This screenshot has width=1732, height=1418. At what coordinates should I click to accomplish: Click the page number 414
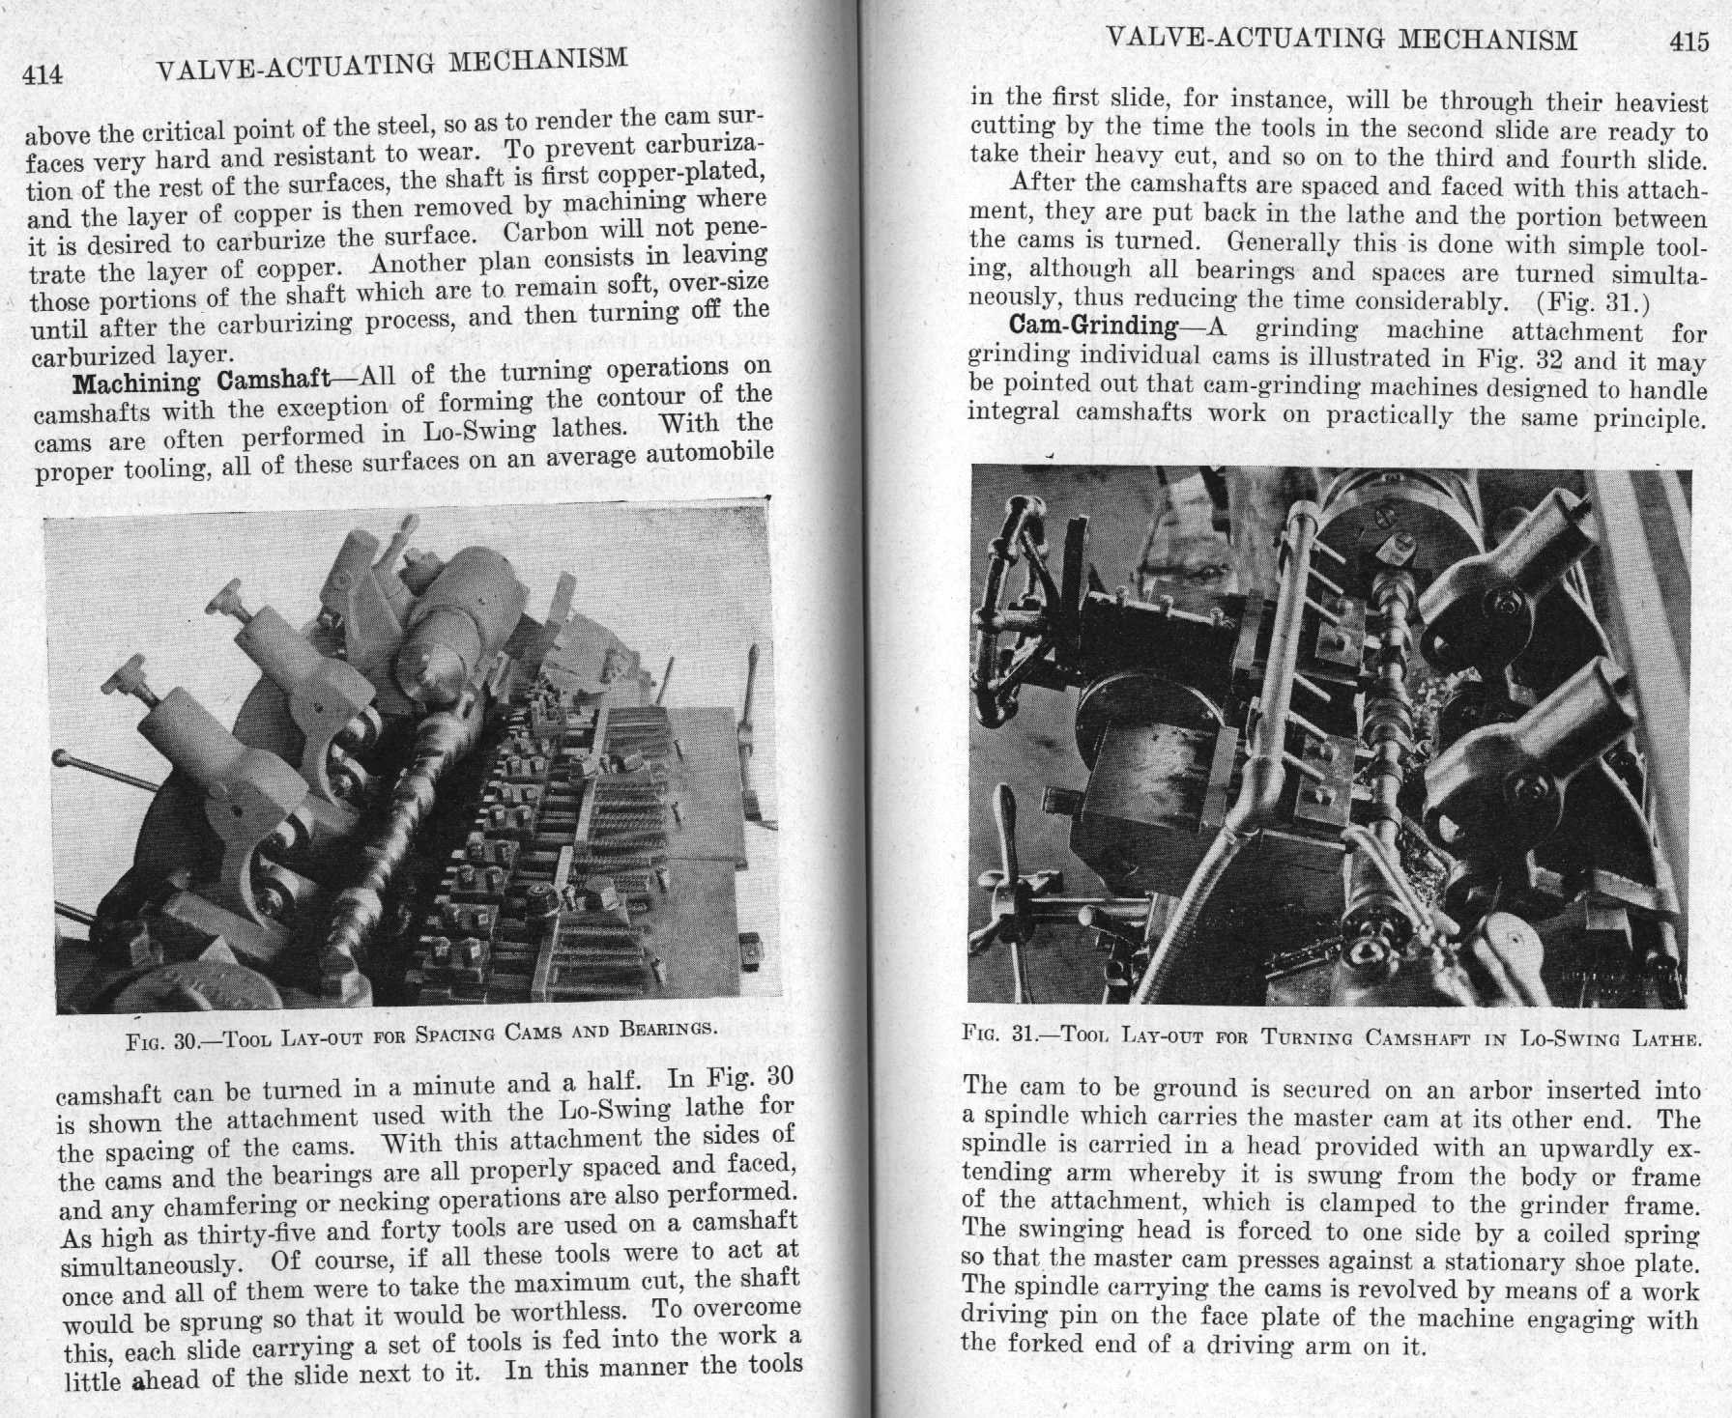click(43, 74)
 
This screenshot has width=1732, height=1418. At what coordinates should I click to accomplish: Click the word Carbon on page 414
click(546, 234)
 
